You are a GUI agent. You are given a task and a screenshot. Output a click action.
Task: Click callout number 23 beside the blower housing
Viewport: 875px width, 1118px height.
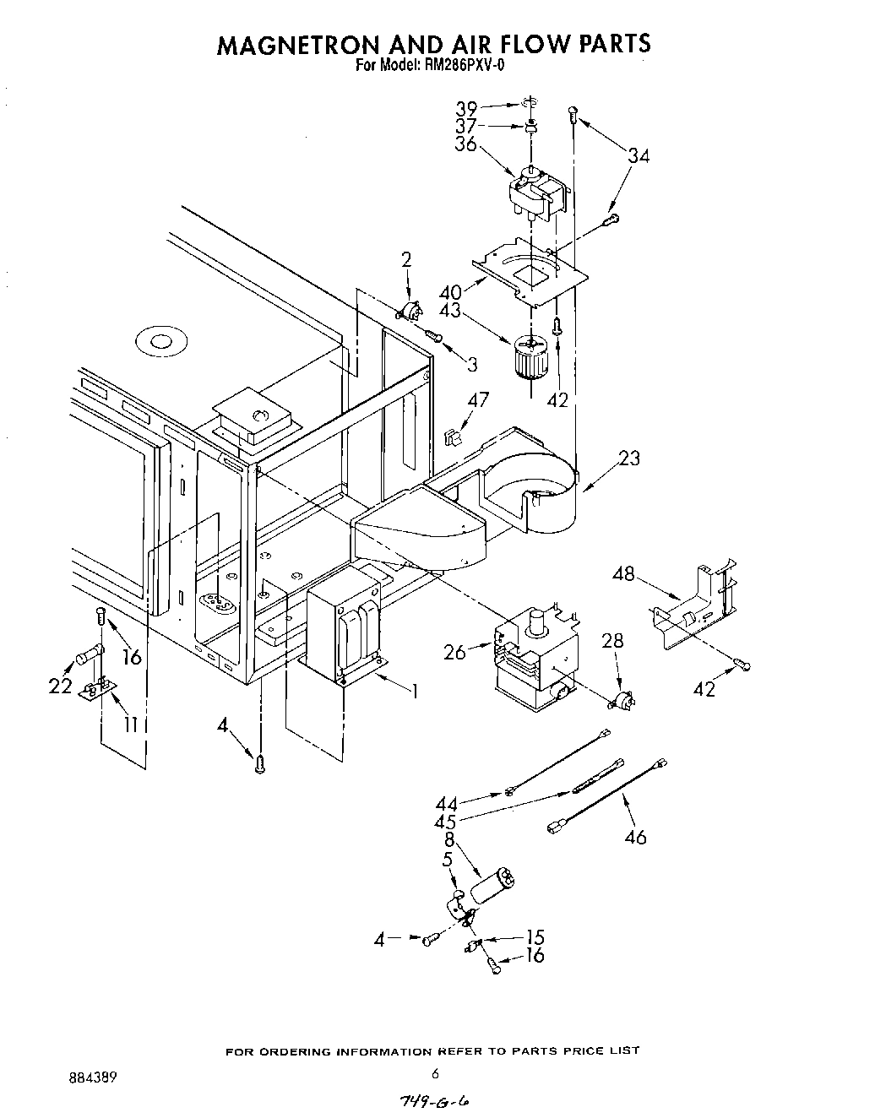(628, 459)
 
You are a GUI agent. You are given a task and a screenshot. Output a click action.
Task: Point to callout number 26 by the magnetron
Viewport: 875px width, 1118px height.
(454, 652)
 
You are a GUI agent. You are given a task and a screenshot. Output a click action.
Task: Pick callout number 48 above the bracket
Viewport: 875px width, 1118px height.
(623, 574)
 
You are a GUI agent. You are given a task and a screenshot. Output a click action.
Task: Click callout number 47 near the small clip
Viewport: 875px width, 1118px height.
(478, 400)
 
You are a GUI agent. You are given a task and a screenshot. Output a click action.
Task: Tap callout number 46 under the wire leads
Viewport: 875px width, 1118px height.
(635, 837)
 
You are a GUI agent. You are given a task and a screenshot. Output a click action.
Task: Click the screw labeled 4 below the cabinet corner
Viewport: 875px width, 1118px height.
(260, 765)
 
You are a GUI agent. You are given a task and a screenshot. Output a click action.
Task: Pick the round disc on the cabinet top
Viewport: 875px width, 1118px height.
(158, 341)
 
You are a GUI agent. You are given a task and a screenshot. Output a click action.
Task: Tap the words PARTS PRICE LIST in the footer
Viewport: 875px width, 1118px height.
(579, 1051)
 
